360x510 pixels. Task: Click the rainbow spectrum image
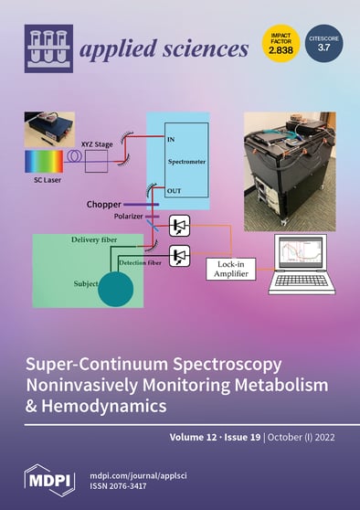pyautogui.click(x=45, y=162)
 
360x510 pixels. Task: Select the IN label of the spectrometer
pyautogui.click(x=170, y=136)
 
